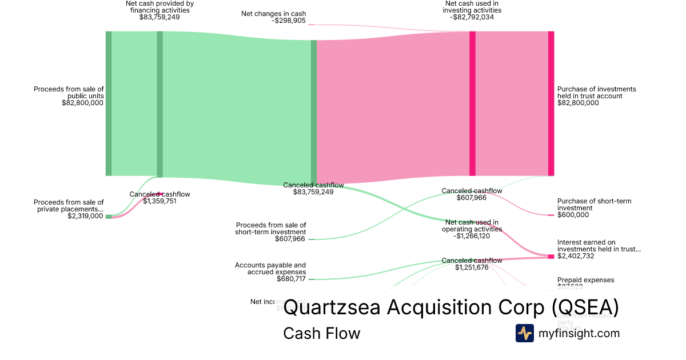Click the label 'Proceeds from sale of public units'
(69, 93)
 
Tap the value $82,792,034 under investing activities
(472, 17)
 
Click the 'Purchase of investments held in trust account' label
(596, 93)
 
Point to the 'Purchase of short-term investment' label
(594, 205)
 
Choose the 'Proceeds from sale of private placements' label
(69, 206)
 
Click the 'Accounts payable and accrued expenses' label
(270, 269)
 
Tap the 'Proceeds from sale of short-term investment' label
(270, 229)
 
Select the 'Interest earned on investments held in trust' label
(599, 246)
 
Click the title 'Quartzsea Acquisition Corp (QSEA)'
(451, 307)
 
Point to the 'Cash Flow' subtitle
(321, 333)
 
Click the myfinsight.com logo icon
(524, 333)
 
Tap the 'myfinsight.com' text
(579, 333)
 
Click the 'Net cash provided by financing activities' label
(159, 7)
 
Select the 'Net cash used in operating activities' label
(472, 226)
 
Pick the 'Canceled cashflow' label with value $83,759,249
(313, 185)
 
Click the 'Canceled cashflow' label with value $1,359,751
(159, 194)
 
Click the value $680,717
(290, 279)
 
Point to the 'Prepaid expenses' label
(585, 280)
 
